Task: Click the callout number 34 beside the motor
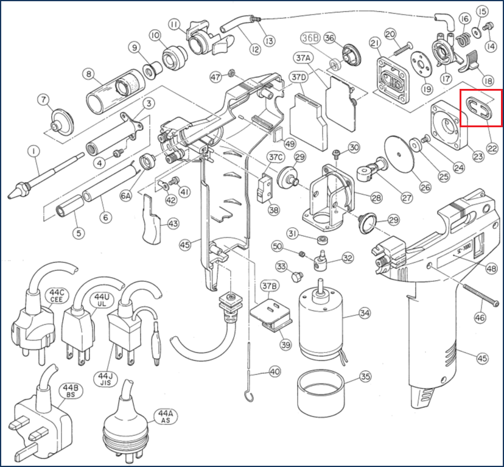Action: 365,314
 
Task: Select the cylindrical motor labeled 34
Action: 322,322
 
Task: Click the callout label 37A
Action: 303,58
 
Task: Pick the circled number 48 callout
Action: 491,269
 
